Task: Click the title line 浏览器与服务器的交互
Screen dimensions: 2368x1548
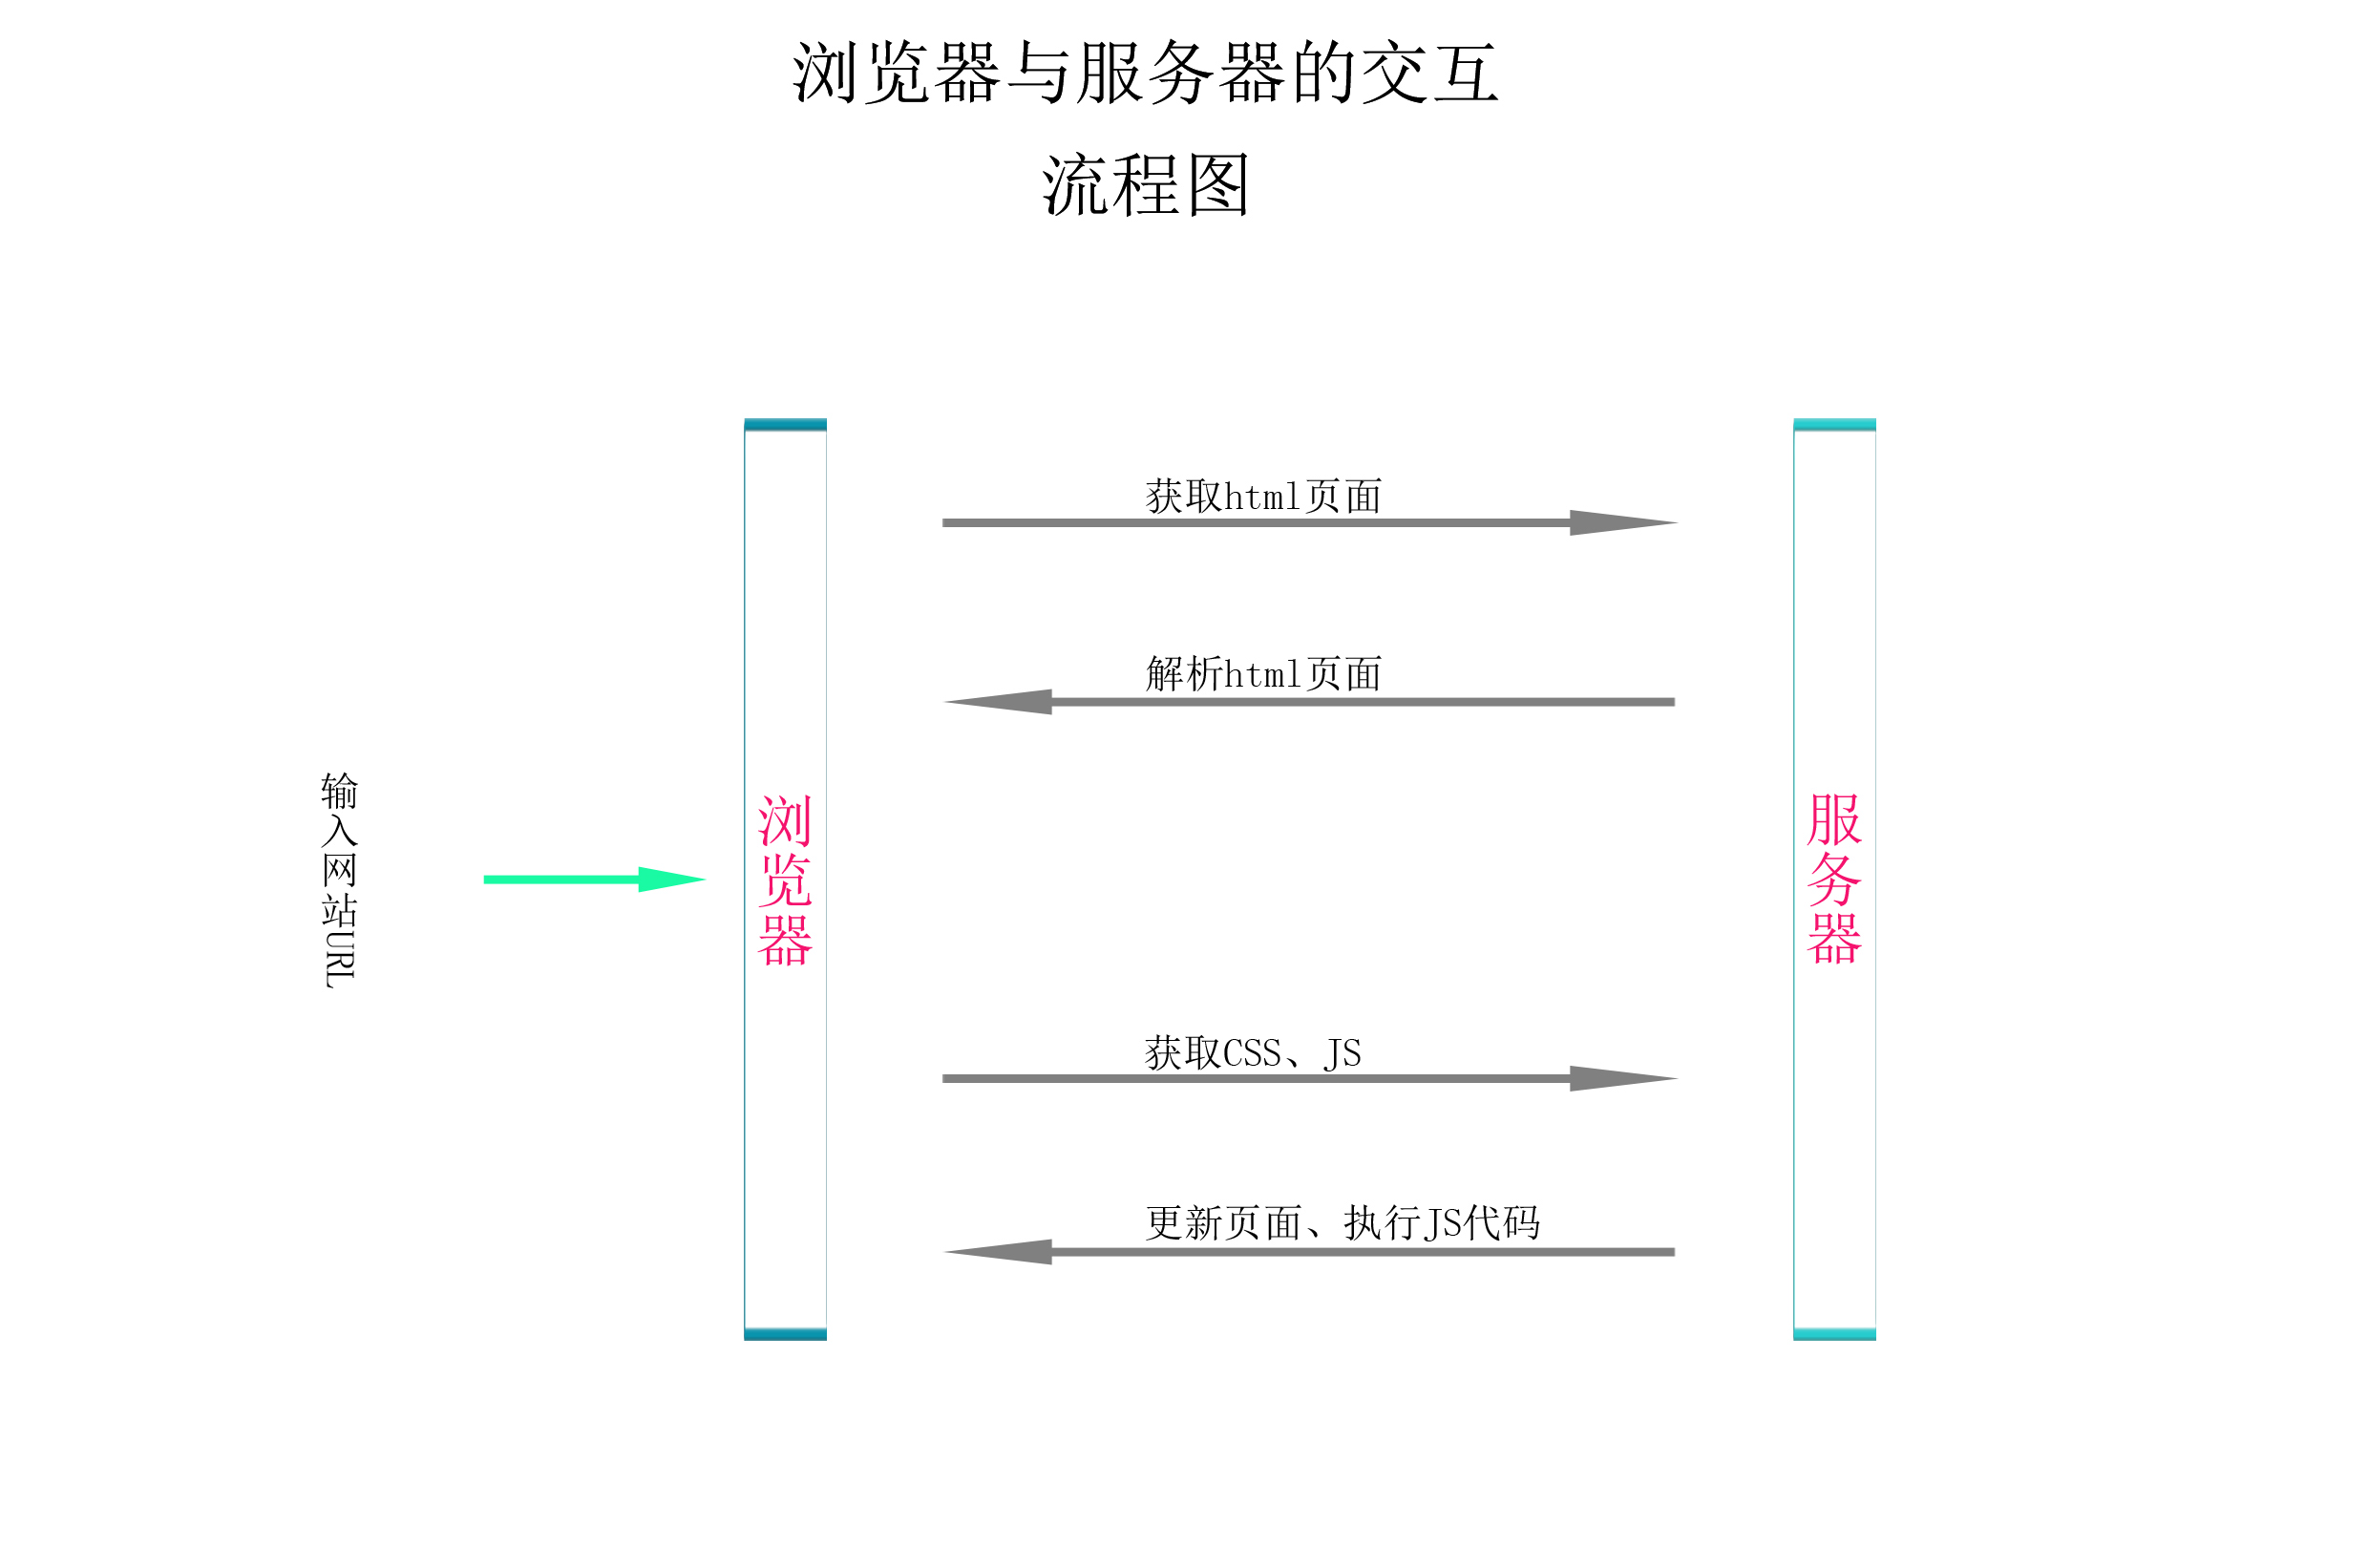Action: [x=1145, y=73]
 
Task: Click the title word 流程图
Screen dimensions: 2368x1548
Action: [x=1145, y=185]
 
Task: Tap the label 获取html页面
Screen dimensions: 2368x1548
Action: [x=1262, y=497]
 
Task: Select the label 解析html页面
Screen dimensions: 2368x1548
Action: [x=1262, y=673]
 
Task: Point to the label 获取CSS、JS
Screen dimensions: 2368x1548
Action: [x=1252, y=1052]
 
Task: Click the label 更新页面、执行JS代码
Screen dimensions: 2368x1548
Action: [x=1343, y=1222]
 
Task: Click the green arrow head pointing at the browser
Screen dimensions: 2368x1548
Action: [x=670, y=880]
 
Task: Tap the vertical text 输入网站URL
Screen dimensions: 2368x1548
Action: [x=339, y=880]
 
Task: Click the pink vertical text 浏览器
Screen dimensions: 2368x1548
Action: [x=785, y=880]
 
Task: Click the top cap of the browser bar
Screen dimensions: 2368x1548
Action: [x=785, y=425]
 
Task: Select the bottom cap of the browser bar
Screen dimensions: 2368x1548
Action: [x=785, y=1334]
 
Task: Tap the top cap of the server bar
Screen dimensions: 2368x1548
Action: [x=1833, y=425]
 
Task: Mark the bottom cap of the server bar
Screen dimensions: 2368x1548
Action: [x=1833, y=1334]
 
